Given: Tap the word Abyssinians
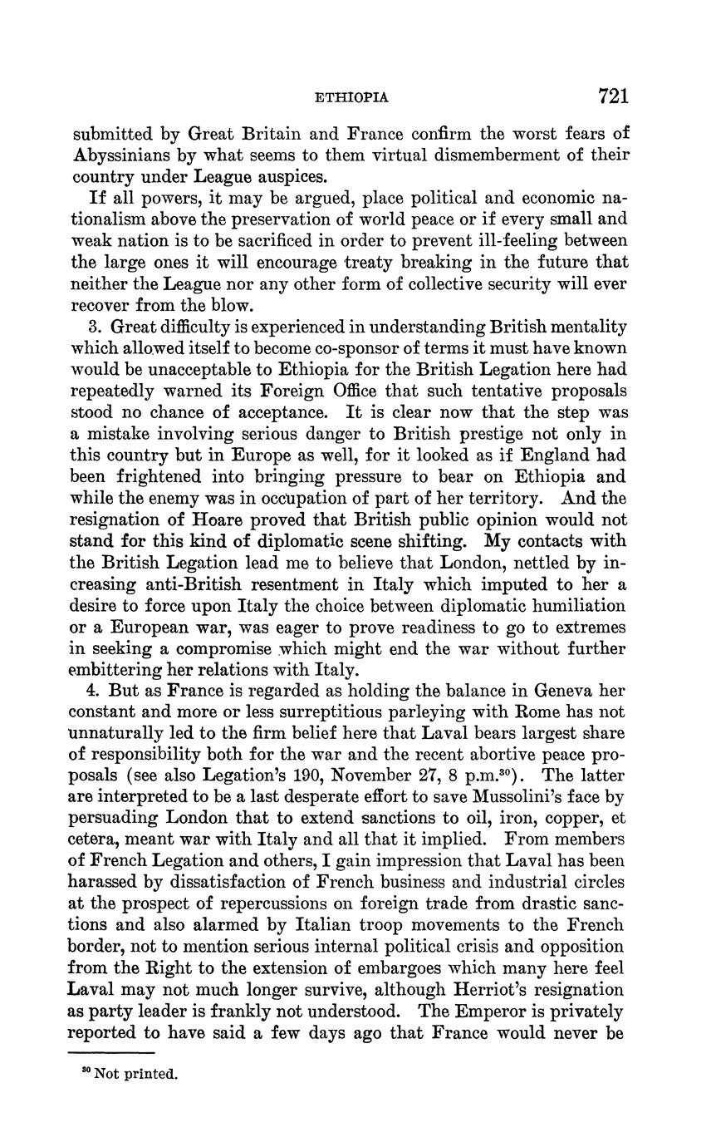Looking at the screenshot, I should [123, 155].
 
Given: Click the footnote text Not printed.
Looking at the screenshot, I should [136, 1074].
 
